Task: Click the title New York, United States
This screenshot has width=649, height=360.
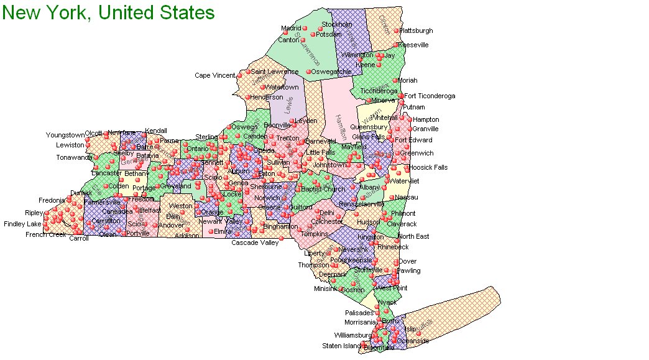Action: (108, 12)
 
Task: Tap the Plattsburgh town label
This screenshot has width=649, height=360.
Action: (416, 30)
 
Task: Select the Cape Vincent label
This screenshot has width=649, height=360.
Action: (215, 76)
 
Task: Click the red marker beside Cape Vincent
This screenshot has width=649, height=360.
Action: (240, 76)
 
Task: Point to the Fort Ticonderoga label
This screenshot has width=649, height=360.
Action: (430, 96)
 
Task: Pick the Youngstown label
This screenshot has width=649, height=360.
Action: (65, 135)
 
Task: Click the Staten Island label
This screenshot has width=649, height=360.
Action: (341, 346)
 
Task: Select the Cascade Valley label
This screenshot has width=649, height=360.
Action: (255, 242)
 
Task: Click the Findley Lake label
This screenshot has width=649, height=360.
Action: (22, 224)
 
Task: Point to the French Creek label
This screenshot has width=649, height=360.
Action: (45, 235)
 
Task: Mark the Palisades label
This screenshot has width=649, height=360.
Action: (359, 313)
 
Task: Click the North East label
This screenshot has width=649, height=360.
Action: (413, 236)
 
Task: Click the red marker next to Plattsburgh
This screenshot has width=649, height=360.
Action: (396, 30)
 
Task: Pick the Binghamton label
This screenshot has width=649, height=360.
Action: (281, 226)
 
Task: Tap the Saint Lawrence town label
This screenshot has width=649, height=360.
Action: (274, 72)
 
